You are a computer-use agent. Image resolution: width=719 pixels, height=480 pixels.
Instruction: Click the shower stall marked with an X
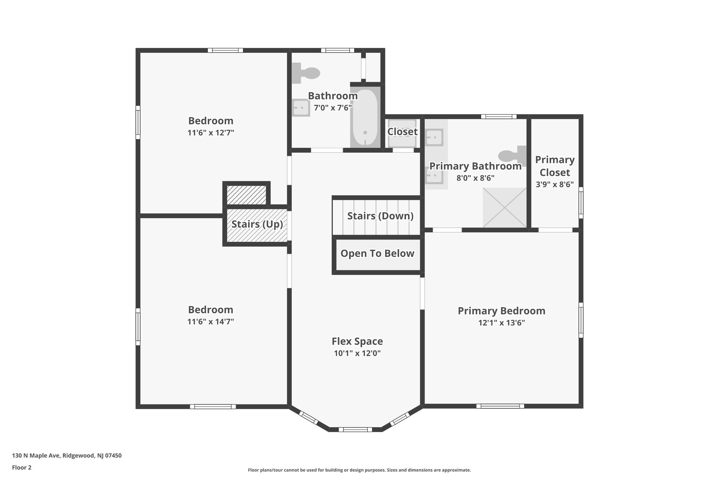point(504,207)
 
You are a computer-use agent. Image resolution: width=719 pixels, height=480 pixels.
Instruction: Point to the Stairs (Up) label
point(257,224)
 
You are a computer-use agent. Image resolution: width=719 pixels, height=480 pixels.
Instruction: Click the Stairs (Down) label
point(380,216)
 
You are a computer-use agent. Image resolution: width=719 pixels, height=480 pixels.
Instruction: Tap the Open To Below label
point(377,254)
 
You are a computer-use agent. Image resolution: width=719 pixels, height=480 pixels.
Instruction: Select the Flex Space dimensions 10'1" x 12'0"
point(357,353)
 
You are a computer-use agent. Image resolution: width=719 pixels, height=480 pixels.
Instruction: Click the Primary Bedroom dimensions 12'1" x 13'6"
point(501,323)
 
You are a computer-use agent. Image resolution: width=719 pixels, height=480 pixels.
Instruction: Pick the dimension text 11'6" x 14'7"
point(211,321)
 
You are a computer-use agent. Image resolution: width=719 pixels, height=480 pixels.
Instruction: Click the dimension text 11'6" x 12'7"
point(211,133)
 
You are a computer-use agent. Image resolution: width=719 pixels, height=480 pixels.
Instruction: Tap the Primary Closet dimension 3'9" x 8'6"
point(555,184)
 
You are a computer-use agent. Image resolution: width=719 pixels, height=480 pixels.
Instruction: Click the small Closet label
point(402,132)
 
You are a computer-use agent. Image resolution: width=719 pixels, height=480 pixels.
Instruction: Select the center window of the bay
point(355,429)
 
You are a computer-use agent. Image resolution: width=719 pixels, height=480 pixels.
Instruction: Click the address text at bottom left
point(67,456)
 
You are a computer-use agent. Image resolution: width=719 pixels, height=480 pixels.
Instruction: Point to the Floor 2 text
point(22,467)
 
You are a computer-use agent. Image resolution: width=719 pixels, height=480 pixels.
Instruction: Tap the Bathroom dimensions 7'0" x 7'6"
point(333,108)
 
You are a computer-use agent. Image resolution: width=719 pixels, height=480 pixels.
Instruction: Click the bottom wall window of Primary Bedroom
point(500,406)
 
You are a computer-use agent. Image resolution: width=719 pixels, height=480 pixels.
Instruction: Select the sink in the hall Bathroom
point(301,108)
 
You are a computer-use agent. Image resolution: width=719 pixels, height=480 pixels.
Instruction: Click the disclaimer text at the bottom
point(359,470)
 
